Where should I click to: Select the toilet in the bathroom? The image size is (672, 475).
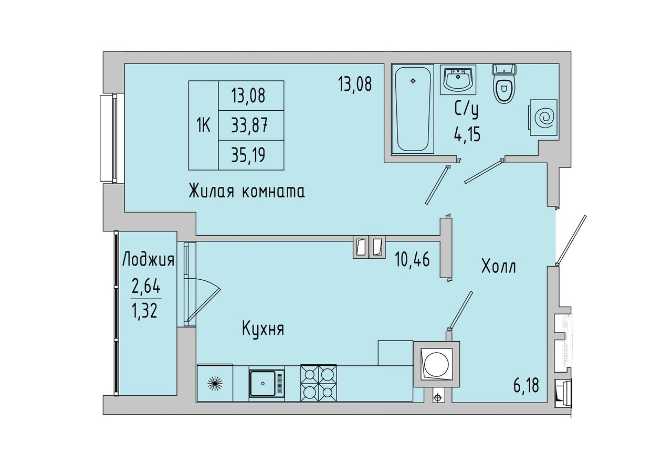(x=504, y=83)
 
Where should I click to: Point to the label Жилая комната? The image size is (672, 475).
(x=247, y=191)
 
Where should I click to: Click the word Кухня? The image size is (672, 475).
(x=263, y=330)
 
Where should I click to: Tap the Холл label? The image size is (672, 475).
(x=499, y=267)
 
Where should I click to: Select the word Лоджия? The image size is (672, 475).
(x=149, y=259)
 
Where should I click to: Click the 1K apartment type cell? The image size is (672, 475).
(x=203, y=125)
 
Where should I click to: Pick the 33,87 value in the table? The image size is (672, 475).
(x=249, y=125)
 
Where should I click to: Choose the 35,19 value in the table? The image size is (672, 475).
(x=248, y=155)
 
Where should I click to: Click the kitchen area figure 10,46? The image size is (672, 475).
(x=412, y=259)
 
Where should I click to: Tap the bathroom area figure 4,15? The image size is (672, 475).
(x=467, y=134)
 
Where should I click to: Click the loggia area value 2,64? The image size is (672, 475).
(x=146, y=287)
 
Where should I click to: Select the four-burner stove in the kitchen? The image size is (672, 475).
(x=318, y=383)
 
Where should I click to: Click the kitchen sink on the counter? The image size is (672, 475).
(x=267, y=384)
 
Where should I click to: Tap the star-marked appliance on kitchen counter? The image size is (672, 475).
(x=215, y=383)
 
